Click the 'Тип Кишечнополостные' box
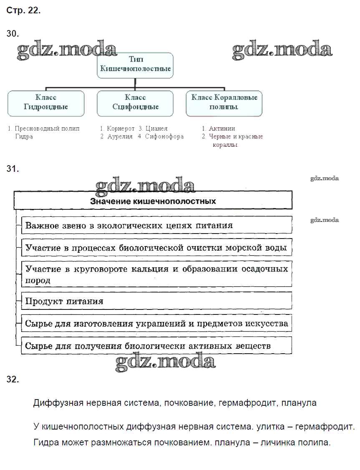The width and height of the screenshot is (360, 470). click(x=135, y=65)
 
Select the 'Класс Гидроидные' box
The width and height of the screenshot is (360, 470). click(x=46, y=103)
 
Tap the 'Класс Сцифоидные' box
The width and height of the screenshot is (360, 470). click(x=135, y=103)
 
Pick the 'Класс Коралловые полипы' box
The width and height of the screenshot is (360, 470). click(x=224, y=103)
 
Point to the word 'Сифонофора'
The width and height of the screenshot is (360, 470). click(x=164, y=137)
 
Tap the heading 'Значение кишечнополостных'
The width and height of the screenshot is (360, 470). click(x=153, y=201)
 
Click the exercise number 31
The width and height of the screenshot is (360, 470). click(x=13, y=169)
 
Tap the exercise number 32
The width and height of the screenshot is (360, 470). click(x=13, y=379)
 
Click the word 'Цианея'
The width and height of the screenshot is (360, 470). click(x=157, y=129)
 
